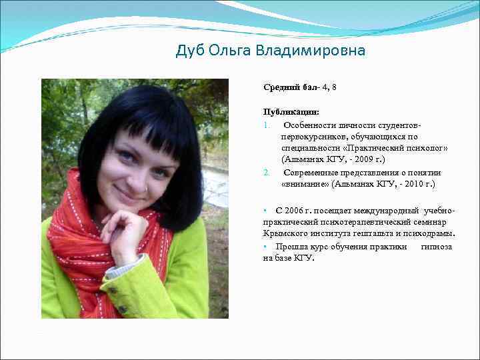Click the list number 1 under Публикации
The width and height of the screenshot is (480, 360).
click(x=266, y=124)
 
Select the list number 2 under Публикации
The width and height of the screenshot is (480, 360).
click(x=266, y=172)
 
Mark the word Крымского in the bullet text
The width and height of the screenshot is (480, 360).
click(x=285, y=234)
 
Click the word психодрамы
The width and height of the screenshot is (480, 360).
click(x=433, y=234)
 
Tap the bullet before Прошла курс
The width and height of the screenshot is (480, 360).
click(x=265, y=246)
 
